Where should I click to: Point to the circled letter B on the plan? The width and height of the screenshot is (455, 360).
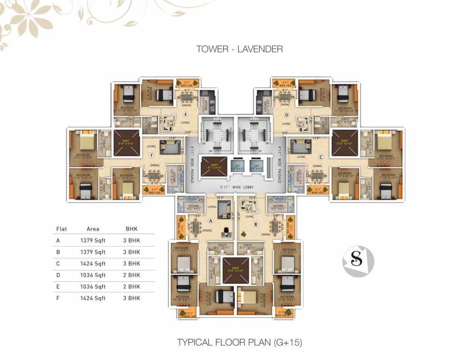coord(256,224)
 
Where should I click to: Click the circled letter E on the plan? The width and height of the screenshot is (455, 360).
coord(186,114)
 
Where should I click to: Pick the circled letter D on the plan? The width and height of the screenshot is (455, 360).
coord(286,114)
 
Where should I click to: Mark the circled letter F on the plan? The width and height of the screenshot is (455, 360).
coord(151,155)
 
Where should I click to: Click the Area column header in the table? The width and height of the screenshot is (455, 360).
coord(93,229)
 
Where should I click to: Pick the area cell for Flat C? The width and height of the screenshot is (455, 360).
coord(93,263)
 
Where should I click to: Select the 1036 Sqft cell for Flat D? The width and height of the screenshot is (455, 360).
coord(93,275)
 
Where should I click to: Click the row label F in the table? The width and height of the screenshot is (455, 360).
coord(58,298)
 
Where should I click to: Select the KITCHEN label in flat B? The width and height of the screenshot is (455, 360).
coord(278,206)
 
